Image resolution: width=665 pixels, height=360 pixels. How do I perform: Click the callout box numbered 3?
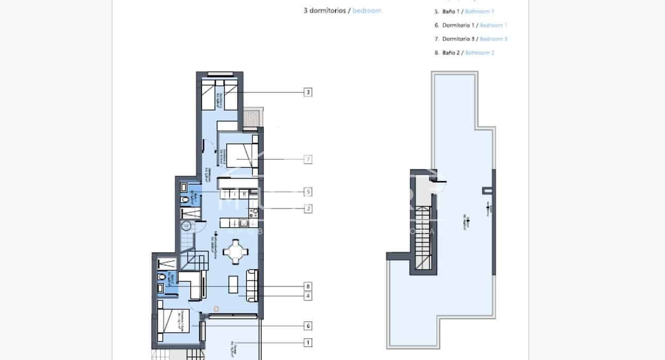click(308, 92)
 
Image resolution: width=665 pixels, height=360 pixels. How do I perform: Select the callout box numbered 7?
click(308, 159)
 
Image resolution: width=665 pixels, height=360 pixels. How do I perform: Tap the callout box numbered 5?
click(308, 192)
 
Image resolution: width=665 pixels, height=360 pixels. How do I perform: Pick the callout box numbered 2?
click(308, 209)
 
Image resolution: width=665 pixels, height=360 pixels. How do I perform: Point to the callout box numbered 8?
click(308, 286)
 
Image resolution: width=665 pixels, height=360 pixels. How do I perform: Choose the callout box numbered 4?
click(308, 296)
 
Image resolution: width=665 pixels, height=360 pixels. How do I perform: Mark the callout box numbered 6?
click(308, 326)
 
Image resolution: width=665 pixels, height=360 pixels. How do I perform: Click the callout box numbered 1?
click(308, 342)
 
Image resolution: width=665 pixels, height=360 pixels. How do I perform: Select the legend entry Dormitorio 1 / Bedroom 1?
click(471, 25)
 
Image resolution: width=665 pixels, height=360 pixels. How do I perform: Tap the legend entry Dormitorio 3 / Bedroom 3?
click(471, 39)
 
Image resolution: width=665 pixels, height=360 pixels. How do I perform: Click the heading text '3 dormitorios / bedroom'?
click(342, 10)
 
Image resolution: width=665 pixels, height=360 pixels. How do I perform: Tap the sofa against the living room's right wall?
click(252, 285)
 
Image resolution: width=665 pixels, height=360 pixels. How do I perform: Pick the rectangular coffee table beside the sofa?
click(234, 285)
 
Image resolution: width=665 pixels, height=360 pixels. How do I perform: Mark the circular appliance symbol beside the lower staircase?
click(186, 225)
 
